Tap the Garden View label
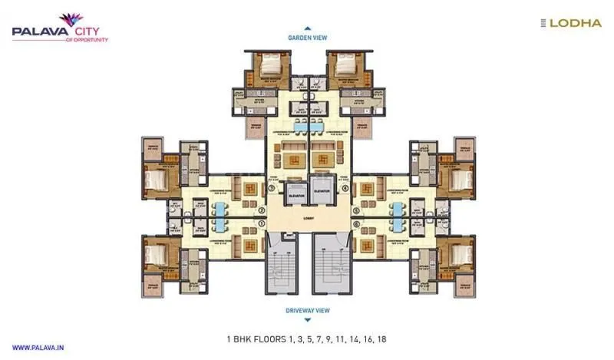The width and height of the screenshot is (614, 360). click(x=308, y=37)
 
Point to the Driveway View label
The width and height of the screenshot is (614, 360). click(x=308, y=310)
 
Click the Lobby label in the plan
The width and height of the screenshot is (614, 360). click(x=308, y=216)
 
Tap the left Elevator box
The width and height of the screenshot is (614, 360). click(x=295, y=195)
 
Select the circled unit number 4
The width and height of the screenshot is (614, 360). click(x=345, y=187)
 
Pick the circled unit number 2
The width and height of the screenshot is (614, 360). click(x=262, y=210)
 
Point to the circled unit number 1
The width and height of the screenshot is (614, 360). click(x=262, y=223)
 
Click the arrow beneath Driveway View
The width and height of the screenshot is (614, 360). click(x=308, y=319)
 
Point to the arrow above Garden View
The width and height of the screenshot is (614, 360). click(x=308, y=28)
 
